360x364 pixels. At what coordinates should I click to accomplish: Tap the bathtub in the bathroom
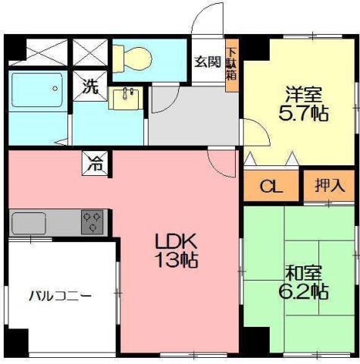[x=37, y=93]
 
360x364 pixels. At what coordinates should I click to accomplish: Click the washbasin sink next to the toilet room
[x=125, y=98]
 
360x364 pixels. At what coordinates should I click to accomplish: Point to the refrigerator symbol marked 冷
[x=96, y=161]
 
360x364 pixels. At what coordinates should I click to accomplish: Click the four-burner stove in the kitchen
[x=94, y=221]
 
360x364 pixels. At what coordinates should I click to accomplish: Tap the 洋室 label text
[x=304, y=96]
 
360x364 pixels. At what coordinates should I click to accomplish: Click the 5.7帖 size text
[x=304, y=115]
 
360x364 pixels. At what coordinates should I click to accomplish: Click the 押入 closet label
[x=329, y=185]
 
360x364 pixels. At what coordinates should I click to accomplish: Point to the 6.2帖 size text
[x=306, y=290]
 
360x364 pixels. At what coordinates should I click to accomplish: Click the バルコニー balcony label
[x=61, y=295]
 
